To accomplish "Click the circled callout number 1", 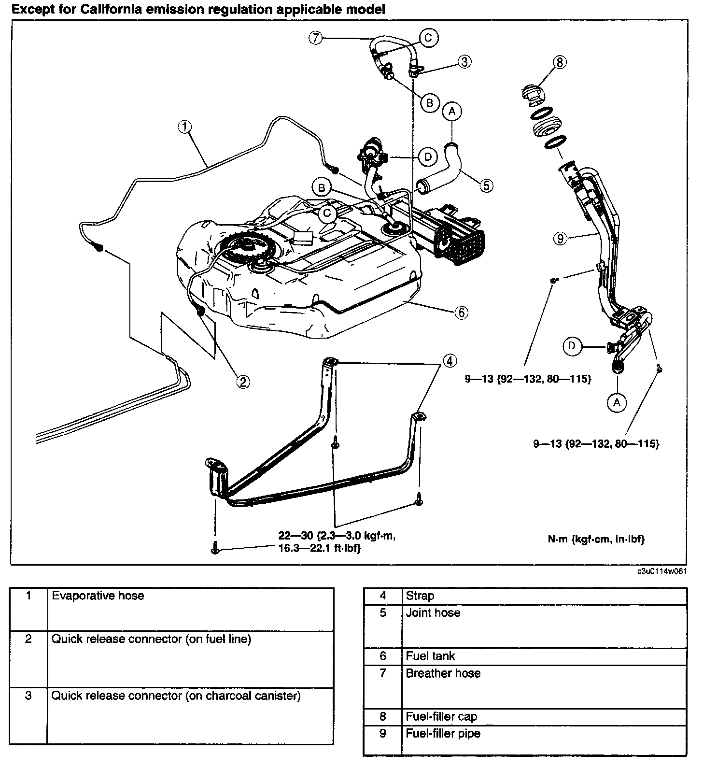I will pyautogui.click(x=185, y=127).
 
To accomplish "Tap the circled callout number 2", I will pyautogui.click(x=243, y=382).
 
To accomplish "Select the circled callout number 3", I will pyautogui.click(x=464, y=61).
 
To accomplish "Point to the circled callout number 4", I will pyautogui.click(x=449, y=360).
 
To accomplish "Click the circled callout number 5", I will pyautogui.click(x=486, y=185).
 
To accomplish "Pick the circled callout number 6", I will pyautogui.click(x=461, y=313).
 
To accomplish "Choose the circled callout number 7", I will pyautogui.click(x=315, y=38).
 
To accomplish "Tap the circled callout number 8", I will pyautogui.click(x=560, y=62).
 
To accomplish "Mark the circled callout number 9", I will pyautogui.click(x=560, y=239).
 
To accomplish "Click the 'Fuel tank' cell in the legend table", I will pyautogui.click(x=431, y=656).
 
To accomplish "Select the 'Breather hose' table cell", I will pyautogui.click(x=443, y=673).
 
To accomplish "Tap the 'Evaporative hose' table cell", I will pyautogui.click(x=98, y=596).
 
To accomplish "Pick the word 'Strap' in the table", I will pyautogui.click(x=420, y=596).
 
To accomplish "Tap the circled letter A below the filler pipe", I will pyautogui.click(x=617, y=401).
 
